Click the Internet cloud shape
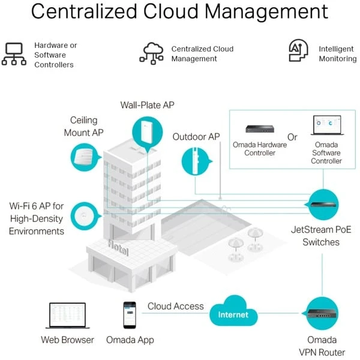coord(233,313)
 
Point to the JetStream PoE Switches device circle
coord(324,206)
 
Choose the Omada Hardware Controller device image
coord(259,128)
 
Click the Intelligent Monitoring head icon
coord(298,53)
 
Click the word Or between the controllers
coord(292,137)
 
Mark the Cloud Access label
coord(176,306)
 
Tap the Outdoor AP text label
coord(196,137)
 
